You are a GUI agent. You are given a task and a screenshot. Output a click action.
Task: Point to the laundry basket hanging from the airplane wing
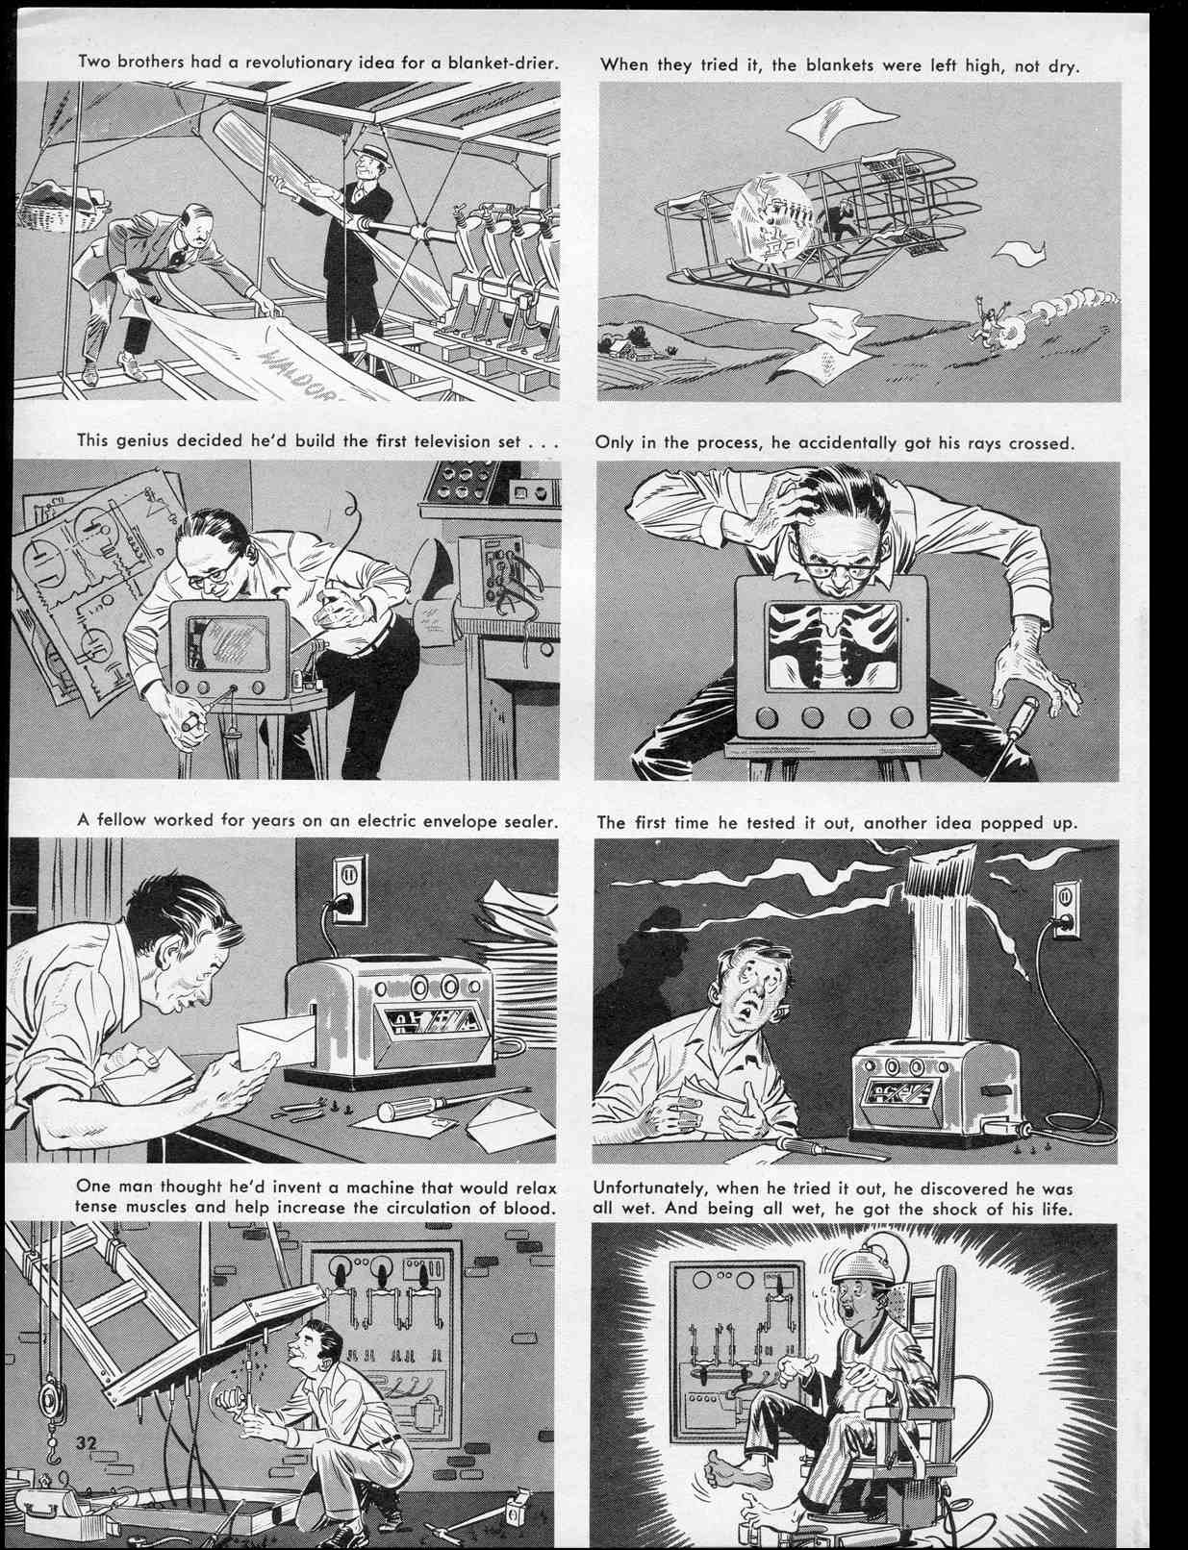[60, 209]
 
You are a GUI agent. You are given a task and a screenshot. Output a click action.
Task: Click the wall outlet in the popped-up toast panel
[1064, 908]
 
